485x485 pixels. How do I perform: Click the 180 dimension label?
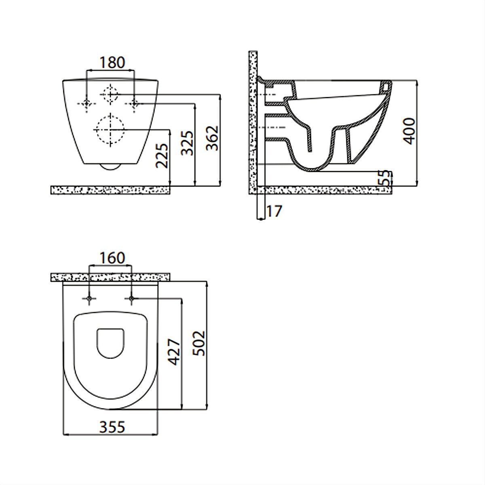(112, 62)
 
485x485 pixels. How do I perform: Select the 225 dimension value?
(162, 156)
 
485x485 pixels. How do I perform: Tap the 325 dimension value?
(188, 143)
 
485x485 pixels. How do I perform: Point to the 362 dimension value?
(212, 138)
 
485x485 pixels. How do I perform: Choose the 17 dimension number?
(274, 211)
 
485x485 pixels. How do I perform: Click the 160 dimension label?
(112, 258)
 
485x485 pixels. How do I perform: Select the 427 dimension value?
(175, 352)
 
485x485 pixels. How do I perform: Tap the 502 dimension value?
(199, 343)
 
